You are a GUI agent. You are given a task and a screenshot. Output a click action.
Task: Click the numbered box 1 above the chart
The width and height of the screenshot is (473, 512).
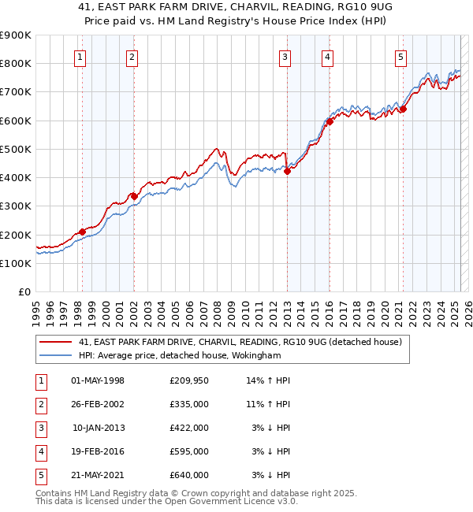click(81, 57)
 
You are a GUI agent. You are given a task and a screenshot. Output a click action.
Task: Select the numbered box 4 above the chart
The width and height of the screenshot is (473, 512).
click(326, 57)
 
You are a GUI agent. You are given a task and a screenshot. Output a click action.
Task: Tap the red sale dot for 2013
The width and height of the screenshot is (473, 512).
click(287, 172)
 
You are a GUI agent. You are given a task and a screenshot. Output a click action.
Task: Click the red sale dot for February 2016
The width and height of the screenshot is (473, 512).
click(330, 122)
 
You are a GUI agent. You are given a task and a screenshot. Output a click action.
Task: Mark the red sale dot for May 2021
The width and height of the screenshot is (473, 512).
click(403, 109)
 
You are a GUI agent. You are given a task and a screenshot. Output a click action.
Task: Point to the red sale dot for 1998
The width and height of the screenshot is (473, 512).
click(82, 232)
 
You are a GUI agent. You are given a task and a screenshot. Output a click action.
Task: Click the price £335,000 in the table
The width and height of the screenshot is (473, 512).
click(189, 404)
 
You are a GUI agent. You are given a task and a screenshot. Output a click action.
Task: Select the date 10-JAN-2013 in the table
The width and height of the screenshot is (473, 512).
click(99, 428)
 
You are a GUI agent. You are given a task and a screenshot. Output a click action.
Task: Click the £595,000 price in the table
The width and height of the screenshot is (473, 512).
click(189, 451)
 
